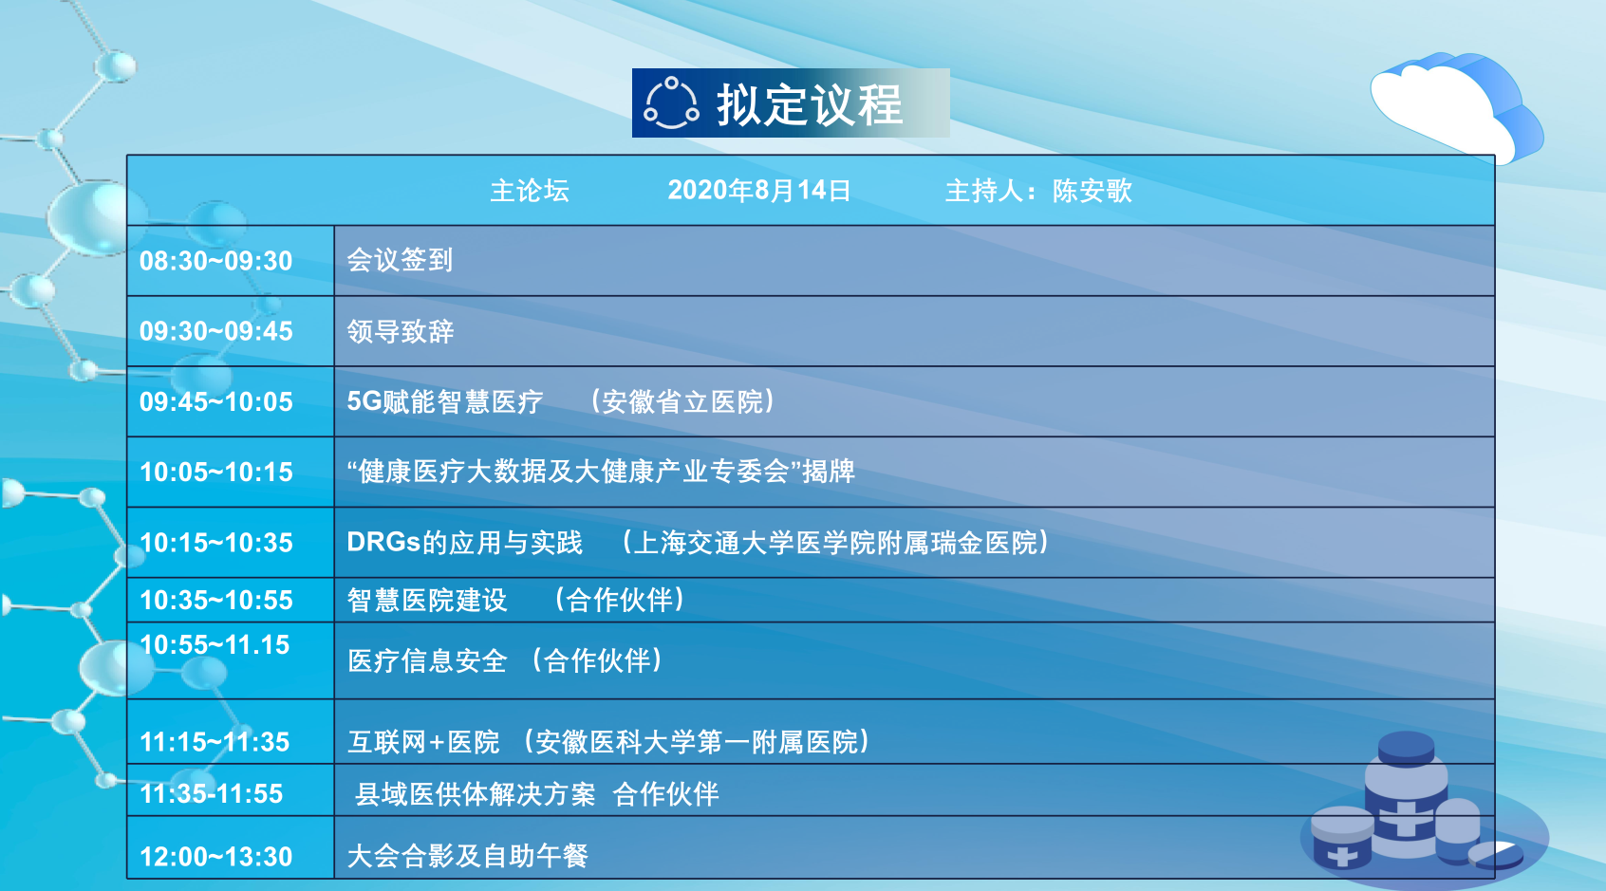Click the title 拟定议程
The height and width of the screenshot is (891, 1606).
(810, 104)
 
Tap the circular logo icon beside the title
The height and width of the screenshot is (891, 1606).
(671, 103)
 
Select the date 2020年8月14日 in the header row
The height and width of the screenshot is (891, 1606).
(759, 191)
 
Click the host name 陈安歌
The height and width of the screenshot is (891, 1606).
(1092, 191)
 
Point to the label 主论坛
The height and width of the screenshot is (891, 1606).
(530, 191)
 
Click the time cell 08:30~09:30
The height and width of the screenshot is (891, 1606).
(215, 261)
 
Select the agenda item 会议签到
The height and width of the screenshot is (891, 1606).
(400, 260)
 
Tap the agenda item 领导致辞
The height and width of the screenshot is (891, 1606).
(400, 331)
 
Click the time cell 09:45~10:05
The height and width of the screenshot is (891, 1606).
(215, 402)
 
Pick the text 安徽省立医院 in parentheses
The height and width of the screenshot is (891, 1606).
(682, 401)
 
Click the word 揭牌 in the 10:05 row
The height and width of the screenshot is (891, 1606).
(829, 472)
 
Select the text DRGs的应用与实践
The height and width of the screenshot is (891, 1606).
(464, 543)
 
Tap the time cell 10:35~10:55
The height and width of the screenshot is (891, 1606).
(215, 600)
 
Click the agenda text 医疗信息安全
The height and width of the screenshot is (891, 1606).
(427, 661)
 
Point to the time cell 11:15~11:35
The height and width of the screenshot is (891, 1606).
(215, 742)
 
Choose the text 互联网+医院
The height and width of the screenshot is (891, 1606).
(423, 742)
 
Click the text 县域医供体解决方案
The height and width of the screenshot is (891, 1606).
(476, 794)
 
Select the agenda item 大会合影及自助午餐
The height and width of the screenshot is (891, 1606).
(467, 856)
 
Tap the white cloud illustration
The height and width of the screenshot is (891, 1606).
(1455, 107)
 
